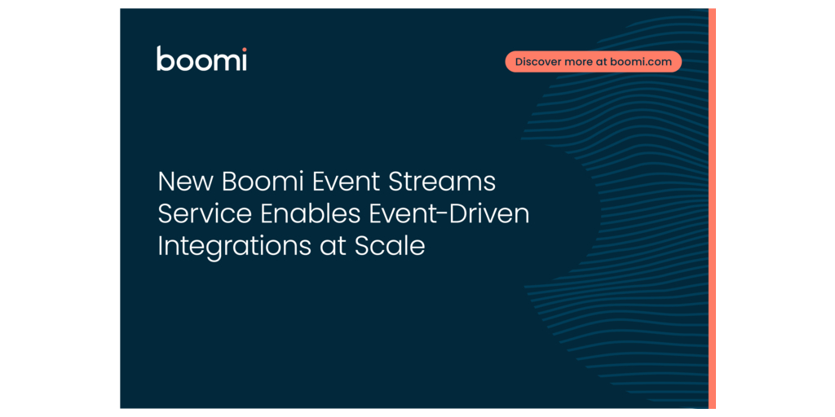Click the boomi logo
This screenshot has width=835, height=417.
tap(201, 59)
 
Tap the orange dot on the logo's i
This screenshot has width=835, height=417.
tap(244, 50)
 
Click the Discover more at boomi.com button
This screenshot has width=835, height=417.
tap(594, 62)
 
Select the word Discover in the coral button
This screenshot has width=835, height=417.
tap(537, 62)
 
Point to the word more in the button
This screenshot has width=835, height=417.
tap(577, 62)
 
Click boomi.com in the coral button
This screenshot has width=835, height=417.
tap(641, 62)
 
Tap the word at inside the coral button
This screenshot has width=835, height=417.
tap(601, 62)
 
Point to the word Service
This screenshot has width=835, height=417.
tap(205, 214)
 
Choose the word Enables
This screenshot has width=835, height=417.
tap(310, 214)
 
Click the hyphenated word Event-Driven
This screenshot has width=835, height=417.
tap(449, 214)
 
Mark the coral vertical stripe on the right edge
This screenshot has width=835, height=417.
tap(712, 208)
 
